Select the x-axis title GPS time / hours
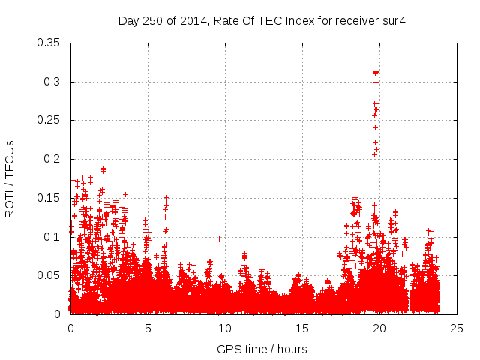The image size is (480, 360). point(262,349)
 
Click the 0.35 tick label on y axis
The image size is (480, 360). point(49,43)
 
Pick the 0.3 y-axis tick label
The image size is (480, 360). point(53,82)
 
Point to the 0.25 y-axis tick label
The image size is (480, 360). point(49,120)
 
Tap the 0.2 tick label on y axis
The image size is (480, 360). point(53,159)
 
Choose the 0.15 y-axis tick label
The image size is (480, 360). point(49,198)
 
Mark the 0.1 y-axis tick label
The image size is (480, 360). point(53,237)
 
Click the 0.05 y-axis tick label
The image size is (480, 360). point(49,275)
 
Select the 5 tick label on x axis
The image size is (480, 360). point(148,328)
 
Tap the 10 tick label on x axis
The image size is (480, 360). point(225,328)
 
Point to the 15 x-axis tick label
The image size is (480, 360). point(302,328)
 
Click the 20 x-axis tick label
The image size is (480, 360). point(379,328)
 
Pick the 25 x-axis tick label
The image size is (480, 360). point(457,328)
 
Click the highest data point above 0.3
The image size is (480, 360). point(376,72)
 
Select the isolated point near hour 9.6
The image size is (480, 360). point(219,238)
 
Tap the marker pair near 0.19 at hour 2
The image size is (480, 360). point(103,169)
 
